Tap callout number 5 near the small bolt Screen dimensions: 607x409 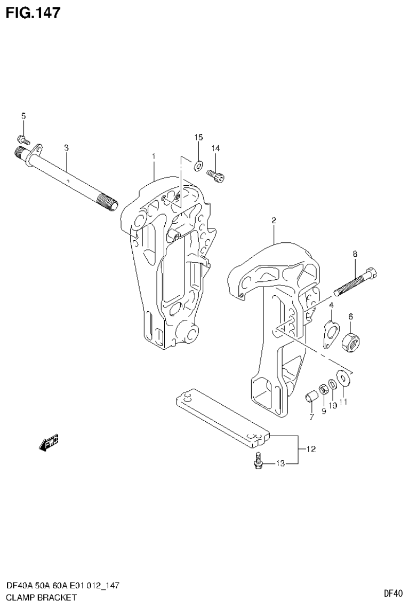[x=23, y=116]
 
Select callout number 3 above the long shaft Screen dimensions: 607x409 [x=66, y=148]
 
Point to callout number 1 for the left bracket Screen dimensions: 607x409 [x=153, y=156]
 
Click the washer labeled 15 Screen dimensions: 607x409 [x=198, y=165]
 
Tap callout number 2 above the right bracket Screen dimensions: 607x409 [x=273, y=219]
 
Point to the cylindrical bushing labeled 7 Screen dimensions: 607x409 [x=311, y=397]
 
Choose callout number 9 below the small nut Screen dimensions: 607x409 [x=324, y=411]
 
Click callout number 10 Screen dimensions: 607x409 [x=332, y=406]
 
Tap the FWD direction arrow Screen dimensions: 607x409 [x=49, y=443]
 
